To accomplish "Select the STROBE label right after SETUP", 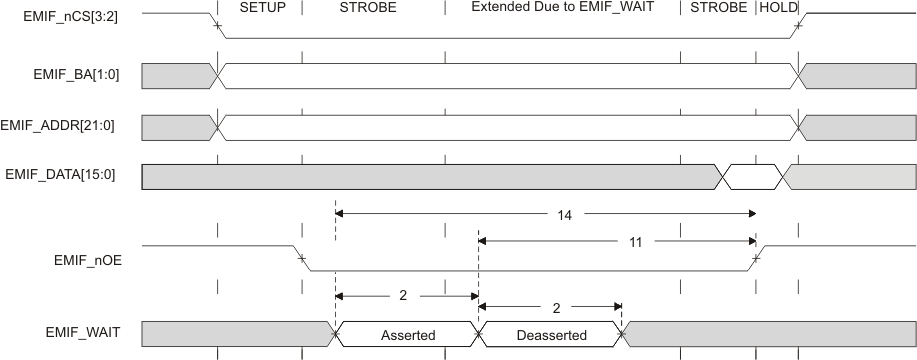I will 368,8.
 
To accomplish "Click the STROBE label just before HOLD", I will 718,8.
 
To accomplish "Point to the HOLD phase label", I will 779,8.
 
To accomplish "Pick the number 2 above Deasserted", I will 551,307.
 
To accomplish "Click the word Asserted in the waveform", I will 408,335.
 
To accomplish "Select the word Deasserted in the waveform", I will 550,335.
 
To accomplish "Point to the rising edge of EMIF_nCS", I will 798,25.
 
